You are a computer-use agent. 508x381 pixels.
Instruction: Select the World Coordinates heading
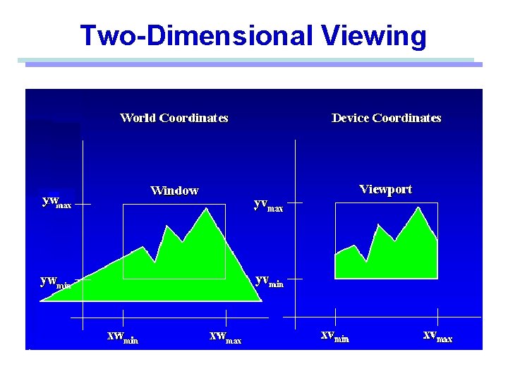(x=174, y=118)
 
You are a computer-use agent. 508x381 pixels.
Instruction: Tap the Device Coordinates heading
(x=386, y=118)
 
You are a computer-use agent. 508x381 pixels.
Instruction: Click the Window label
(x=174, y=190)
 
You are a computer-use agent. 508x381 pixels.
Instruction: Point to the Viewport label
(x=385, y=189)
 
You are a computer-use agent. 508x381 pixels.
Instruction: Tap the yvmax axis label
(x=268, y=205)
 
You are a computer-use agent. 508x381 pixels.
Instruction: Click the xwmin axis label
(x=122, y=337)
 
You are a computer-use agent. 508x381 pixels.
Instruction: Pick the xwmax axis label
(x=225, y=337)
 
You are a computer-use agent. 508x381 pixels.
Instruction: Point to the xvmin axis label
(x=334, y=336)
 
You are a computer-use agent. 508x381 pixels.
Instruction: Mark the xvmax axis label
(x=437, y=336)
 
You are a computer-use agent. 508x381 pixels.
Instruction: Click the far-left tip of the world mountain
(x=42, y=301)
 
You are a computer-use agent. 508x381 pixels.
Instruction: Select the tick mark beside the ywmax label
(x=83, y=205)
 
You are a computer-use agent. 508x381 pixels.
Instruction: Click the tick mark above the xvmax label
(x=438, y=317)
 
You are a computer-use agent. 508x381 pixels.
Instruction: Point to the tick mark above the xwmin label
(x=123, y=319)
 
